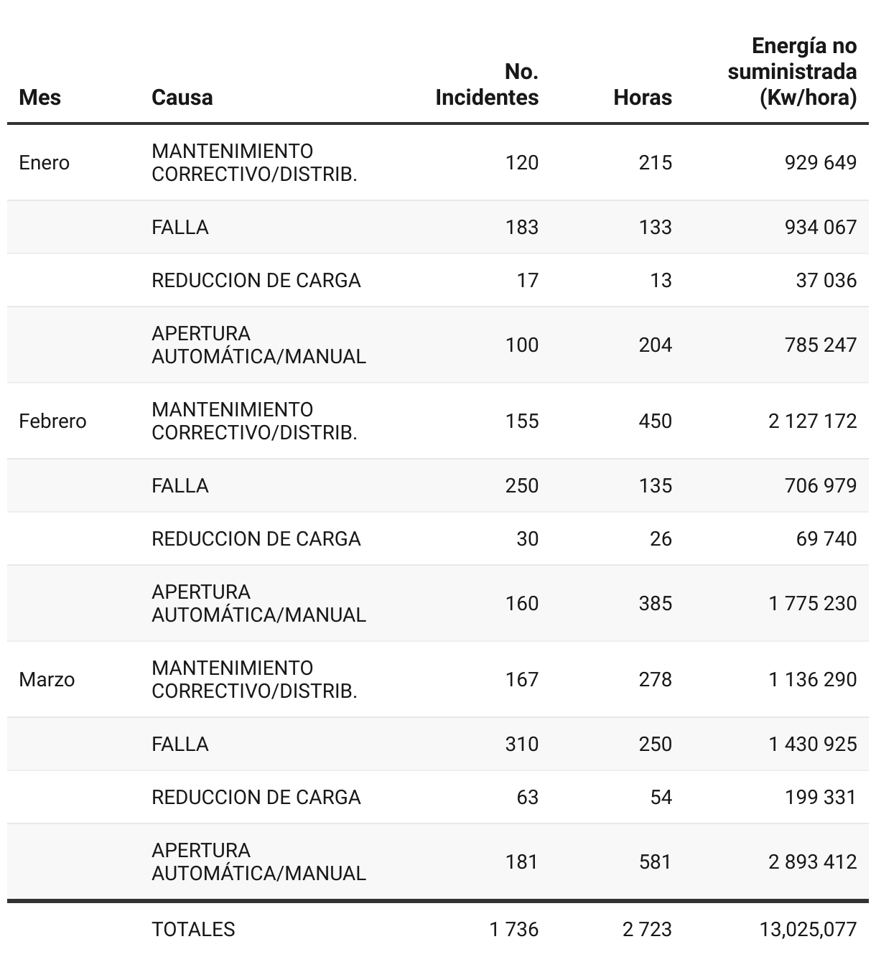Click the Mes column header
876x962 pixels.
(x=40, y=97)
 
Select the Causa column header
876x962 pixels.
(x=182, y=97)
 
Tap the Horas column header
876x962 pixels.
(x=643, y=97)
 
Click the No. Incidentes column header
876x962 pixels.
(x=487, y=85)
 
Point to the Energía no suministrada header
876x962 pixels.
(x=792, y=72)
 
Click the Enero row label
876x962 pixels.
(x=45, y=163)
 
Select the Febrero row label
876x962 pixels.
(x=52, y=421)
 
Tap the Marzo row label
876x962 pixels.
(x=47, y=680)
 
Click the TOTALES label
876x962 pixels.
(x=193, y=930)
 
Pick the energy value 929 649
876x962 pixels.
(x=821, y=163)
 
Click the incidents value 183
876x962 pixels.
(x=522, y=228)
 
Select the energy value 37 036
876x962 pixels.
(x=826, y=281)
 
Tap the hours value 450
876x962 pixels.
(x=656, y=421)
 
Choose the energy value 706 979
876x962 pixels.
(x=821, y=486)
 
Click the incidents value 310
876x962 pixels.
(x=522, y=744)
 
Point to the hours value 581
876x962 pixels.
(x=656, y=861)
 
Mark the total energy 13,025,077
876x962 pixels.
(x=809, y=930)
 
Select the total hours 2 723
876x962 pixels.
(x=648, y=930)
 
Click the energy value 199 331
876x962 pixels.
(x=821, y=798)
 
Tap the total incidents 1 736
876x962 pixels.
(x=514, y=930)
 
